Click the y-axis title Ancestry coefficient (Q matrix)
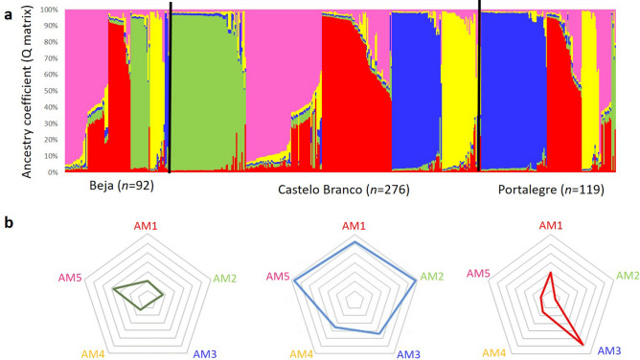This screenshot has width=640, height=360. tap(30, 92)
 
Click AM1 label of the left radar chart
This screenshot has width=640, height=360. tap(143, 226)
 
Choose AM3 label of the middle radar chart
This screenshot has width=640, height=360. tap(408, 354)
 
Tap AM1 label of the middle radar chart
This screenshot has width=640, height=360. tap(354, 226)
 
